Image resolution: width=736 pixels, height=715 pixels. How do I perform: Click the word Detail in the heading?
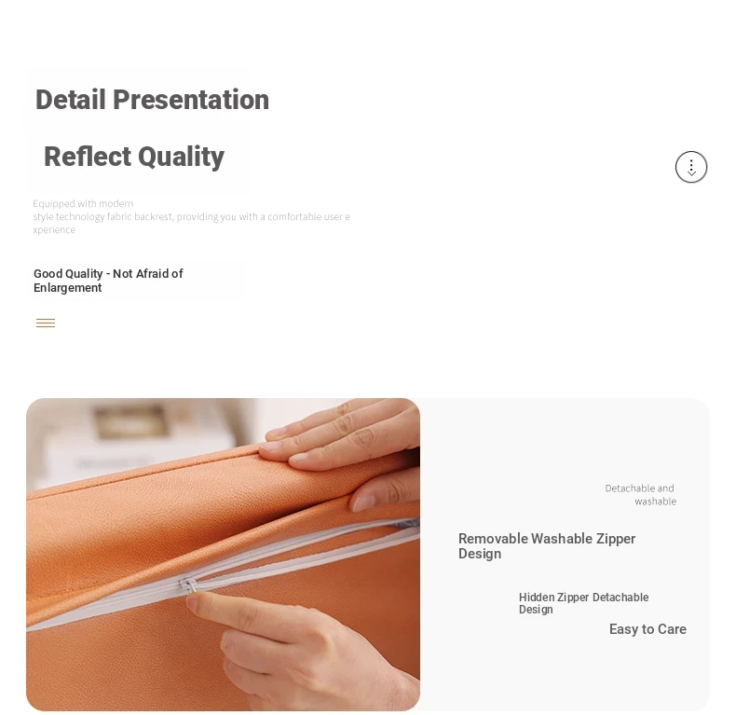pos(71,100)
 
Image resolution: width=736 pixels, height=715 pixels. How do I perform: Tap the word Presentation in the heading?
pos(191,100)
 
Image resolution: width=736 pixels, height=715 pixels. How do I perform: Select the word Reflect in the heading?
pos(88,157)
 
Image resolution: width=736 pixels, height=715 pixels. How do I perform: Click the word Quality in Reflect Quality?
pos(181,158)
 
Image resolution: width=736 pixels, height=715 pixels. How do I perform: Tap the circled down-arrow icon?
pos(691,167)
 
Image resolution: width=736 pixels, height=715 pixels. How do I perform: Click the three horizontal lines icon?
pos(46,323)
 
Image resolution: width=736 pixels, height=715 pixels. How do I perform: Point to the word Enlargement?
pos(68,288)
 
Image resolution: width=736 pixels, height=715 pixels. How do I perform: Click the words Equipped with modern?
pos(83,203)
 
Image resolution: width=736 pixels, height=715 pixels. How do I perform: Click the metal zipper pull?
pos(188,585)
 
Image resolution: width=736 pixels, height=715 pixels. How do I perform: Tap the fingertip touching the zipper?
pos(194,599)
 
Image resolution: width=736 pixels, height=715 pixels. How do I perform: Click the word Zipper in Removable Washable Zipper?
pos(616,539)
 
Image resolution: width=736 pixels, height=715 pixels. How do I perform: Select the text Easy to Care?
pos(647,629)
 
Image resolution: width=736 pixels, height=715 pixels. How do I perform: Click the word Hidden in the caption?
pos(537,598)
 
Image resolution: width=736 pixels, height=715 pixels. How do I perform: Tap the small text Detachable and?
pos(639,488)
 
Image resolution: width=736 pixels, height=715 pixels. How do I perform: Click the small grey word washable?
pos(655,502)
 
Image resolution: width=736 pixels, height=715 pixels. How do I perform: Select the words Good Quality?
pos(68,274)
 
